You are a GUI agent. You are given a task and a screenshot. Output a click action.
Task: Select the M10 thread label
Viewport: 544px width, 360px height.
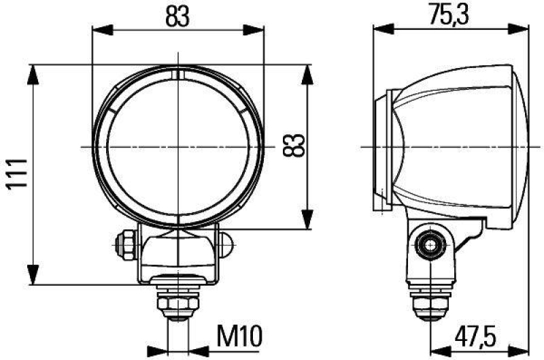coord(237,336)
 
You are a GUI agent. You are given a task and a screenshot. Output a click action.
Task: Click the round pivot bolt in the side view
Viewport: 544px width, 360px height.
coord(430,243)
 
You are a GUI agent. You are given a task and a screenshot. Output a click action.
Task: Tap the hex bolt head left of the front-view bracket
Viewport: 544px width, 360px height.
coord(125,242)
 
